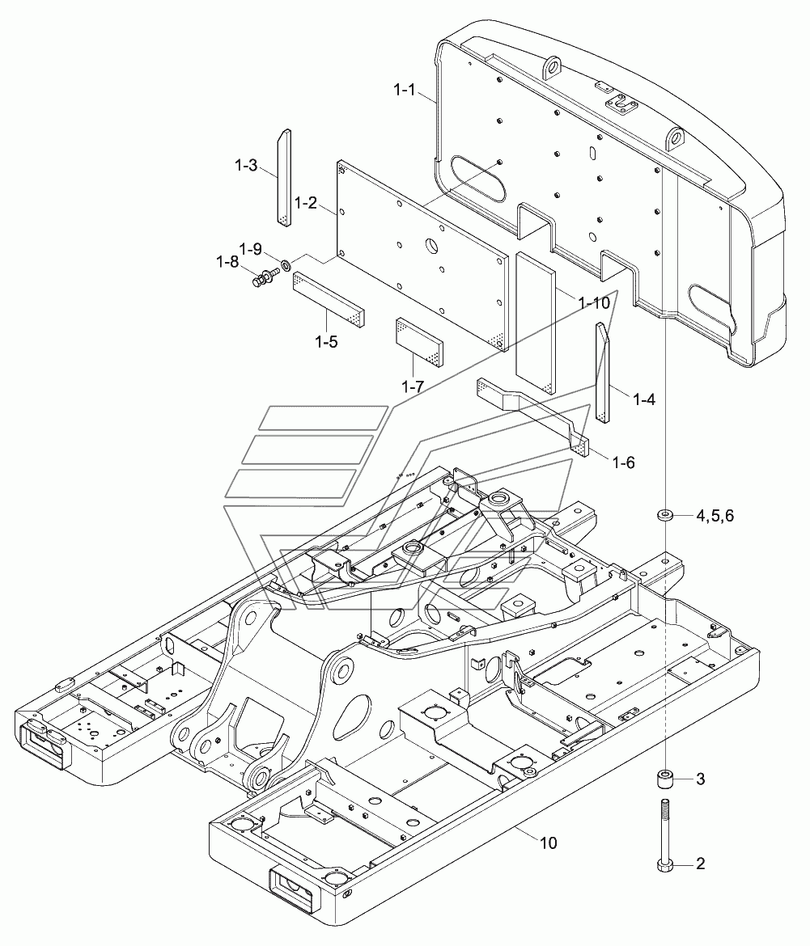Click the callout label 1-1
click(405, 91)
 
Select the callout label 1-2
click(305, 203)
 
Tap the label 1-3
click(246, 165)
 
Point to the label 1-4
click(644, 399)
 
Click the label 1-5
click(326, 341)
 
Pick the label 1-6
click(624, 462)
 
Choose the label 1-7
click(413, 386)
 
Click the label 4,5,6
click(715, 516)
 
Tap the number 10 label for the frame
click(548, 843)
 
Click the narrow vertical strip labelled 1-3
click(284, 177)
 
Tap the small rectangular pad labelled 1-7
click(419, 342)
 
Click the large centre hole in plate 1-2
click(432, 246)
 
